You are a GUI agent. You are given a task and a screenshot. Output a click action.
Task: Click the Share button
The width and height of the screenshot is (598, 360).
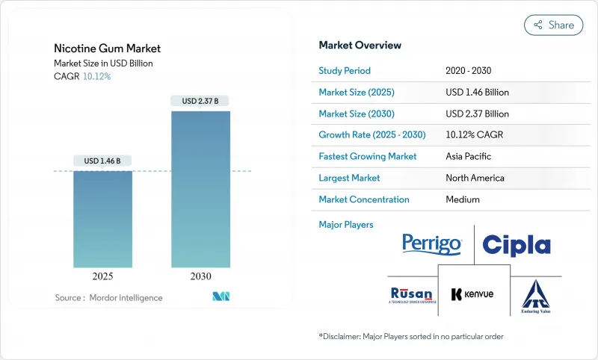(x=553, y=25)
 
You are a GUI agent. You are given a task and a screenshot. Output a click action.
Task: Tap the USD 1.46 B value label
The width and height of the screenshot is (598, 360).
(x=102, y=161)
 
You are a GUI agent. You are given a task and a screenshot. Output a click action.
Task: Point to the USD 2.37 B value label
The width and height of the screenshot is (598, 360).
(x=200, y=101)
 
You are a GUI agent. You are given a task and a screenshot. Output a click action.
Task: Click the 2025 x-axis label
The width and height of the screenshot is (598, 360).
(x=102, y=276)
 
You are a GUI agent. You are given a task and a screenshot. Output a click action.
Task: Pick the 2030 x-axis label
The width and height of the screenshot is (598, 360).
(x=200, y=276)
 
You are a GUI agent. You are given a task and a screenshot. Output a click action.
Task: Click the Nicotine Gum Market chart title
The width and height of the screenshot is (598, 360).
(x=107, y=49)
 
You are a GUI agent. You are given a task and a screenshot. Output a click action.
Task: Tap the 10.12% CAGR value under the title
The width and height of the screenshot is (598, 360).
(x=97, y=76)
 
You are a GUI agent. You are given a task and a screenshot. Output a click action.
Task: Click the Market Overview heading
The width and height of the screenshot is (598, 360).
(x=360, y=45)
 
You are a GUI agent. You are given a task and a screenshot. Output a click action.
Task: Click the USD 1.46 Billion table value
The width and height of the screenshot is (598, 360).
(x=477, y=92)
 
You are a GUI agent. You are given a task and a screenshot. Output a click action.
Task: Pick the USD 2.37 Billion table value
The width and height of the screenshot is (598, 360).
(x=477, y=114)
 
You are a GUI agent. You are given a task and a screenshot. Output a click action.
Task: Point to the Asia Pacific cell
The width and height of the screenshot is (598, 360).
(x=468, y=156)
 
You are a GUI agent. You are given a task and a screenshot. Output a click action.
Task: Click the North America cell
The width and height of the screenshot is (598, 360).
(x=475, y=178)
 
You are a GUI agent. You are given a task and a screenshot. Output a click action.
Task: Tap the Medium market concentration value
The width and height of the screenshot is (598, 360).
(x=462, y=199)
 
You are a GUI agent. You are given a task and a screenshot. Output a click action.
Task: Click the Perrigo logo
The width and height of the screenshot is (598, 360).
(x=432, y=244)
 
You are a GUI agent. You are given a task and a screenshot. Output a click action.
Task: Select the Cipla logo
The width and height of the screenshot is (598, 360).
(x=516, y=245)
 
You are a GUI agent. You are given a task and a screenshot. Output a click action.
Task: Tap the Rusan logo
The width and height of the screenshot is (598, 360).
(x=411, y=294)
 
